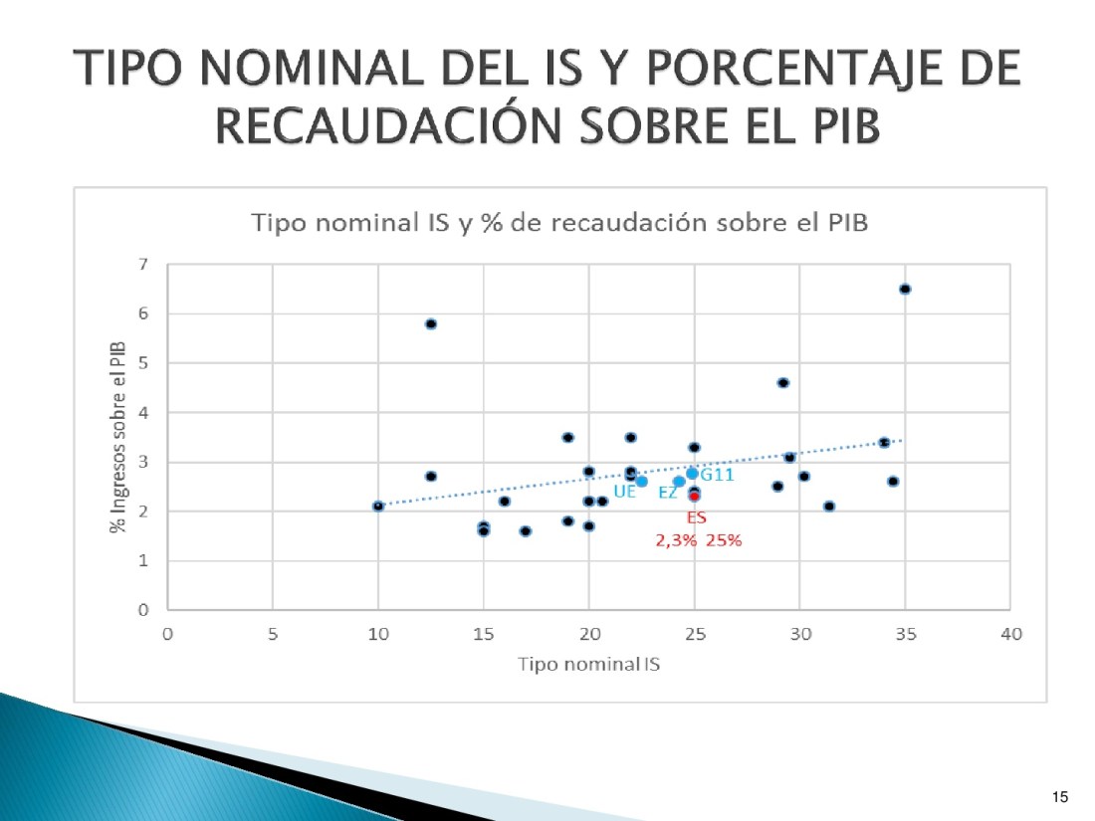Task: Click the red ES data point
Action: (x=695, y=497)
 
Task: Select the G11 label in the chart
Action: (x=717, y=475)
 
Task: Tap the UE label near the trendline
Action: (x=624, y=491)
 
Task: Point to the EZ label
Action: (x=668, y=492)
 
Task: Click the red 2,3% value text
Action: (x=674, y=541)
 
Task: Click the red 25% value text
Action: (x=724, y=541)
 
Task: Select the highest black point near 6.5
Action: (x=905, y=289)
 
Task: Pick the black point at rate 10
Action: (x=378, y=506)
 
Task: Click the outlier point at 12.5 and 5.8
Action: (x=431, y=323)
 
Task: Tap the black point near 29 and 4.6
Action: (x=783, y=382)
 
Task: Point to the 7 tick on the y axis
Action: (x=143, y=265)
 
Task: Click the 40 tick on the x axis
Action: (x=1010, y=634)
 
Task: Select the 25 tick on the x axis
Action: (x=694, y=634)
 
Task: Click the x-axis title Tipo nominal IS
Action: (x=588, y=664)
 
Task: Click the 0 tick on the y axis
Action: (x=143, y=610)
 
